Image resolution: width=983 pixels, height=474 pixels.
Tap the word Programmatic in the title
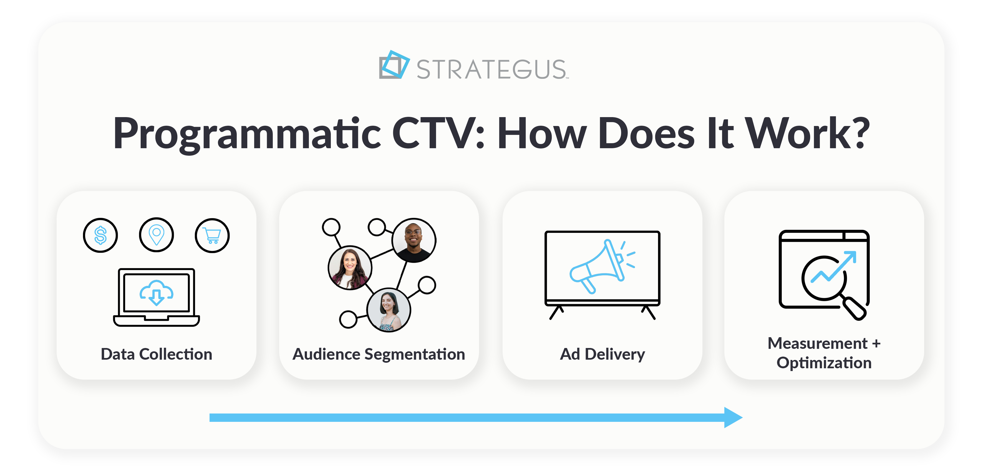[x=246, y=133]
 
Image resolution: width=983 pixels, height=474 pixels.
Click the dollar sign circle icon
[x=100, y=235]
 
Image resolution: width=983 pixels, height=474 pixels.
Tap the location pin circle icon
[x=157, y=235]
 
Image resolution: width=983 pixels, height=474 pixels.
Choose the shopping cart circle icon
[x=212, y=235]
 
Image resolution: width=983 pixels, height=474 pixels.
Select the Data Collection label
[x=157, y=354]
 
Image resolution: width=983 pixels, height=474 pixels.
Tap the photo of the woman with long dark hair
[x=350, y=268]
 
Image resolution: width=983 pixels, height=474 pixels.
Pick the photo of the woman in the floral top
[x=389, y=310]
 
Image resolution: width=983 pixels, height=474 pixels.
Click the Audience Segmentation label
[x=379, y=354]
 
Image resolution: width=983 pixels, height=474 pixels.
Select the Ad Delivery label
[x=602, y=354]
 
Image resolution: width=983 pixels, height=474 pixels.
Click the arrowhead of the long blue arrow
[x=733, y=417]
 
